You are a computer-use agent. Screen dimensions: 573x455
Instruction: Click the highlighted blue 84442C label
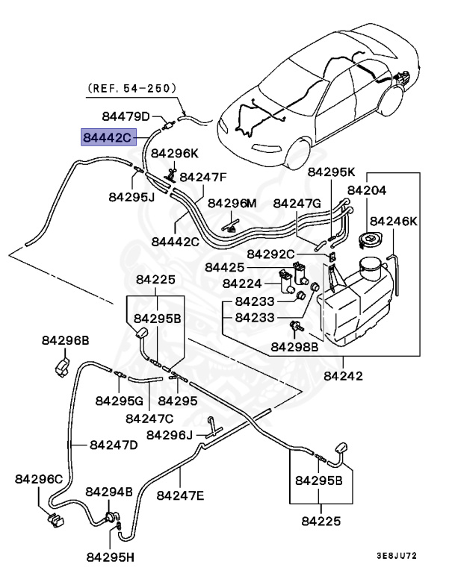tap(108, 138)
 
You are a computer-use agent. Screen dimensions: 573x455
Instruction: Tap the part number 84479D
tap(126, 116)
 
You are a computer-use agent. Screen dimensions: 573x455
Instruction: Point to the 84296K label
tap(175, 153)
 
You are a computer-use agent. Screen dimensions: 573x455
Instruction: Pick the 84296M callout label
tap(232, 203)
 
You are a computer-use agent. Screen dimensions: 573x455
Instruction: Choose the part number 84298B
tap(294, 346)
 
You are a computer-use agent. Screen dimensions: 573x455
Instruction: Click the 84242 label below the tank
tap(343, 376)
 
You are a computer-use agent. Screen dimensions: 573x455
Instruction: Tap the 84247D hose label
tap(114, 445)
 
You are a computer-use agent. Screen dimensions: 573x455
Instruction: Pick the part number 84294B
tap(109, 492)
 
